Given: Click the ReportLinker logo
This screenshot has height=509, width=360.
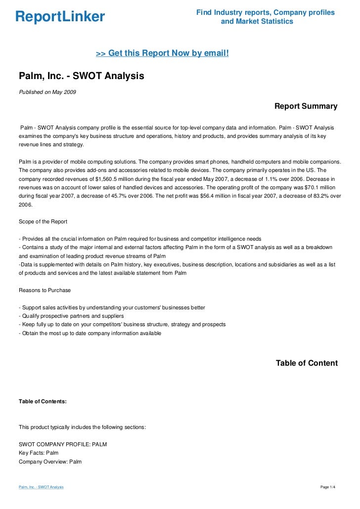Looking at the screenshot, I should coord(60,17).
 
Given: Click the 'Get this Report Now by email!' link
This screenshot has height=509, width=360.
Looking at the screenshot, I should coord(162,53).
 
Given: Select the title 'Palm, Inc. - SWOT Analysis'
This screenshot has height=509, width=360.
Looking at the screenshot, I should coord(81,77).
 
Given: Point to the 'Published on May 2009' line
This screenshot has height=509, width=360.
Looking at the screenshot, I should coord(47,92).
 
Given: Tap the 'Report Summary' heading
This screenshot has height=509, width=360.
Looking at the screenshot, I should coord(306,106).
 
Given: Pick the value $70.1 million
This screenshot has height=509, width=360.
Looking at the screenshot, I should coord(320,187).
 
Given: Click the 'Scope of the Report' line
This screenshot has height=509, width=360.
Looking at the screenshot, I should coord(43,221).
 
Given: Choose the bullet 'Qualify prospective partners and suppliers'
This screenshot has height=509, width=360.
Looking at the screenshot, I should coord(71,316).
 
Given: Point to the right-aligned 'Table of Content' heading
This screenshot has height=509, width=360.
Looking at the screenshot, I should coord(307,363).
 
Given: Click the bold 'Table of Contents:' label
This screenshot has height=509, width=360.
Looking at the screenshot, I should coord(43,402).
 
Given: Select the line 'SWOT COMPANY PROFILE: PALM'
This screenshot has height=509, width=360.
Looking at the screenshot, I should coord(62,444).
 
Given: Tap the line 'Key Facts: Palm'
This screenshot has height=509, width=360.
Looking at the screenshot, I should coord(39,453).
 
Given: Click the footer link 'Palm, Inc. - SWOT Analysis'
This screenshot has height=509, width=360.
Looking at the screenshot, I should coord(41,488).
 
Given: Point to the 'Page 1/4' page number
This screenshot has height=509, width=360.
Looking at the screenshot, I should coord(328,488).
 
